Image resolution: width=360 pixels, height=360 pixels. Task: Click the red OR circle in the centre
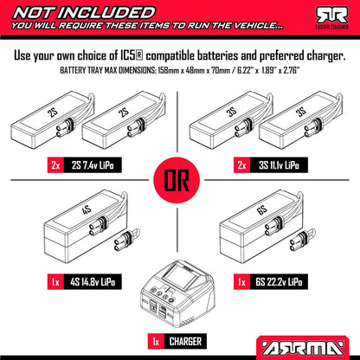[x=177, y=180]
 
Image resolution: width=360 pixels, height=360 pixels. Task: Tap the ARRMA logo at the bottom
[x=303, y=348]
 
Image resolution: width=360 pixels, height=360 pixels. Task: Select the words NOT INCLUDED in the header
[x=84, y=13]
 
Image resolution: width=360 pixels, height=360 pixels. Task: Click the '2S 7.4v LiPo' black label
[x=93, y=165]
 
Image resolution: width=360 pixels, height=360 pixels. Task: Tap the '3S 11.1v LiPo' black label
[x=279, y=165]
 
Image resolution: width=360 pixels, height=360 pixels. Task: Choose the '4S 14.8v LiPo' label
[x=93, y=282]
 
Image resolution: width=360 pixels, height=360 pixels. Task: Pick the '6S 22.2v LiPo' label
[x=279, y=282]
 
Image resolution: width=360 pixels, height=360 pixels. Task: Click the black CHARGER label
[x=185, y=342]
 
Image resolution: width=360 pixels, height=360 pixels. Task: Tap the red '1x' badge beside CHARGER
[x=156, y=342]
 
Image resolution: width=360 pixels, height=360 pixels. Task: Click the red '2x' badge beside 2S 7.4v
[x=55, y=165]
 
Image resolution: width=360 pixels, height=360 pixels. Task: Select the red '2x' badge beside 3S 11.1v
[x=241, y=165]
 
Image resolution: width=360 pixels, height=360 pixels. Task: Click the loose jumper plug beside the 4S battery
[x=126, y=240]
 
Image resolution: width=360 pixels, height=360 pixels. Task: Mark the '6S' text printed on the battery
[x=262, y=210]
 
